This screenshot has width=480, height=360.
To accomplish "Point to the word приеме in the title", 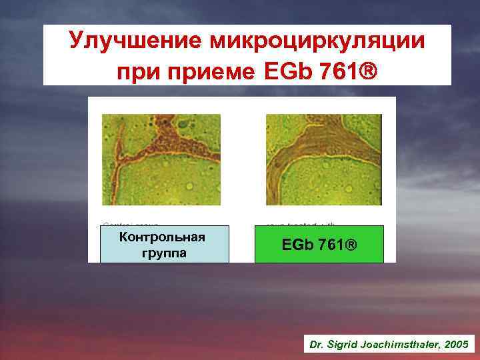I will click(207, 69).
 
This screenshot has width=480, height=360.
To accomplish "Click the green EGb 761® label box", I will click(319, 244).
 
